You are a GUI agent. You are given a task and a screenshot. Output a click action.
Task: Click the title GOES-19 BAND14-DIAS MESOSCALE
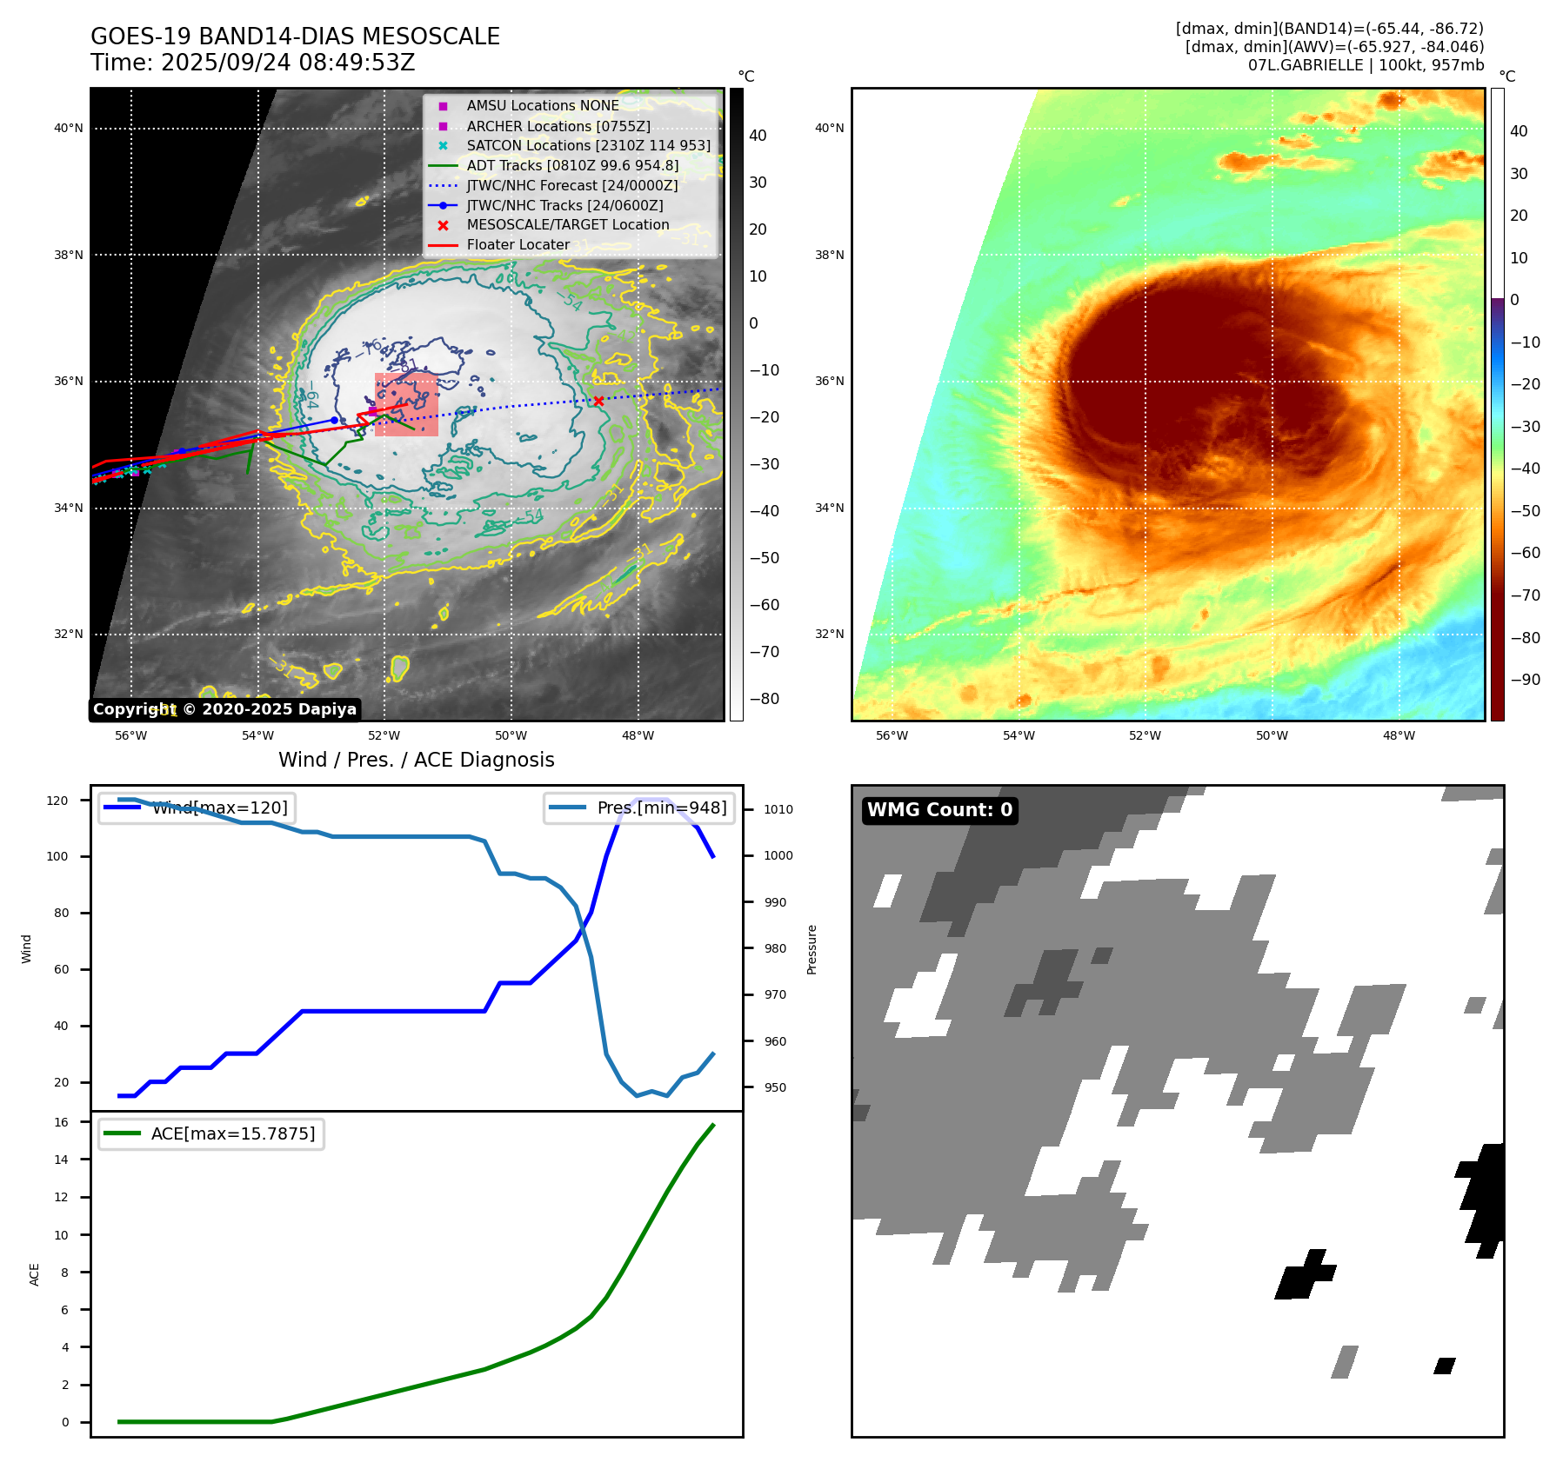coord(295,37)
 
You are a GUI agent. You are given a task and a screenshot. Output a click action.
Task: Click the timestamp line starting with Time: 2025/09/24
coord(252,63)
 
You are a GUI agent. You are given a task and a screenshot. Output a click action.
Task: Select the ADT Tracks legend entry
coord(571,165)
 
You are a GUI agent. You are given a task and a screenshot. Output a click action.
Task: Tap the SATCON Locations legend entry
coord(588,145)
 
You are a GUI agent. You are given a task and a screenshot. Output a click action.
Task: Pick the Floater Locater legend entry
coord(518,244)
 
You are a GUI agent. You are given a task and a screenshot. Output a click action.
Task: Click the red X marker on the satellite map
coord(598,401)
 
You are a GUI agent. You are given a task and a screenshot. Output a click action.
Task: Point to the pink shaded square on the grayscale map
coord(406,404)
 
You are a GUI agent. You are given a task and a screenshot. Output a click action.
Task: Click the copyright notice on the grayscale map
coord(224,709)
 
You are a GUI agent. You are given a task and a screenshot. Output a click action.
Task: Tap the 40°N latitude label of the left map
coord(69,129)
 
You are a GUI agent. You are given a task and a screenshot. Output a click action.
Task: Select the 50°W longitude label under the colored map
coord(1272,735)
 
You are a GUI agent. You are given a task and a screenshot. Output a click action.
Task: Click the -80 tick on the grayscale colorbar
coord(765,699)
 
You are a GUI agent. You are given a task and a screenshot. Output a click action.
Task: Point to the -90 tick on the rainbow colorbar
coord(1525,680)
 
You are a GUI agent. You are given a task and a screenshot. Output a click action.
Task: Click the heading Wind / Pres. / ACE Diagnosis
coord(416,760)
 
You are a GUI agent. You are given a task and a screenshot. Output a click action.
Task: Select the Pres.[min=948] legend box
coord(638,808)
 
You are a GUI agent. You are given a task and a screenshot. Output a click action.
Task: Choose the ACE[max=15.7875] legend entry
coord(211,1133)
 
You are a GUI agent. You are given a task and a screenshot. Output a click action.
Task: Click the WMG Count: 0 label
coord(939,810)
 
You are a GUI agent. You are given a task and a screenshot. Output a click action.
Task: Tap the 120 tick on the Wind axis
coord(57,801)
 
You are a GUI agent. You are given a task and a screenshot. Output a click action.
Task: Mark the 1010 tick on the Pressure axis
coord(778,809)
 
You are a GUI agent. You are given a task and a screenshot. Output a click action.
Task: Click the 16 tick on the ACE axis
coord(62,1122)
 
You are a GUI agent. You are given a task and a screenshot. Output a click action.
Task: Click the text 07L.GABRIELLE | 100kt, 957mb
coord(1366,65)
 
